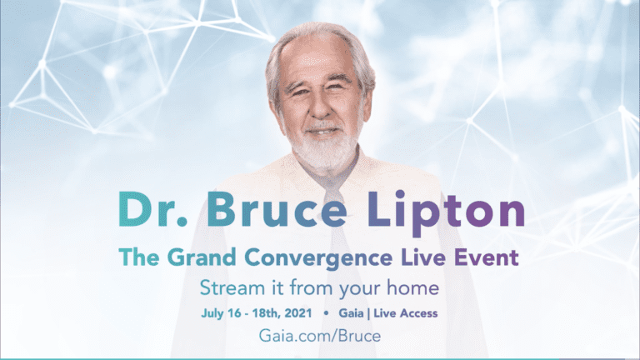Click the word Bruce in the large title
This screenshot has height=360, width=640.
(x=277, y=209)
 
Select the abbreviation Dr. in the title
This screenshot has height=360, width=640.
(x=153, y=209)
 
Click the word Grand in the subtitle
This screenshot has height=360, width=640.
(x=202, y=257)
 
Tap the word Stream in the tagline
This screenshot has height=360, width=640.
(x=232, y=287)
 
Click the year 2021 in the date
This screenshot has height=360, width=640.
(x=298, y=313)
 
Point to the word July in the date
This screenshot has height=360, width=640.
(x=212, y=313)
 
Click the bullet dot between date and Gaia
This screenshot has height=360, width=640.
(x=326, y=313)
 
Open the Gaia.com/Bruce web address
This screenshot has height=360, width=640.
(x=320, y=336)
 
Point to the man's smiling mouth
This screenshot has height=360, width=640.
(x=322, y=132)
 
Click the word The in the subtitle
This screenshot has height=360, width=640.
(x=139, y=257)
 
